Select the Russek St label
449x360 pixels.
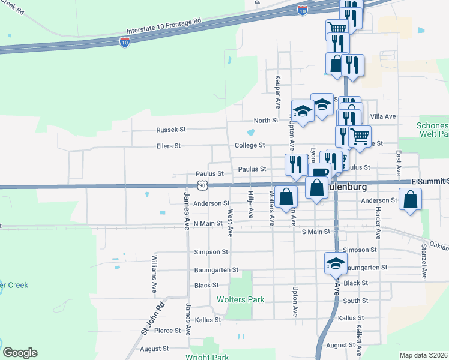(x=171, y=130)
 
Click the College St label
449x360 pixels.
(x=249, y=145)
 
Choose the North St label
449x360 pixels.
(x=265, y=120)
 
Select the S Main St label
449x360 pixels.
(x=316, y=232)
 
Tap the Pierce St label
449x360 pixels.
(x=167, y=331)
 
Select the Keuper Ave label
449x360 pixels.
(x=277, y=91)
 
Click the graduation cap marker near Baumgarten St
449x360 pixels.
(x=336, y=263)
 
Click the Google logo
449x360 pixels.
(x=20, y=353)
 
